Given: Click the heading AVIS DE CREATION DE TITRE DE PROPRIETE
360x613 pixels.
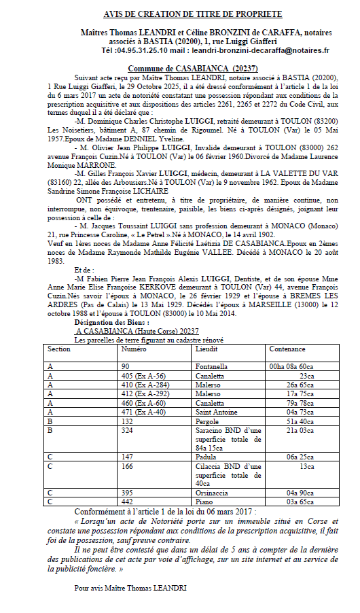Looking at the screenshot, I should (183, 14).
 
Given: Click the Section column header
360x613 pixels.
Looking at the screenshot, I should (59, 349).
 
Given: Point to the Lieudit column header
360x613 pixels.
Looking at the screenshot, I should (206, 349).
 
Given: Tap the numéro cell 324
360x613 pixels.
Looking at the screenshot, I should (128, 430).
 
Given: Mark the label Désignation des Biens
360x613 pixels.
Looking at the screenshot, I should (111, 322).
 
